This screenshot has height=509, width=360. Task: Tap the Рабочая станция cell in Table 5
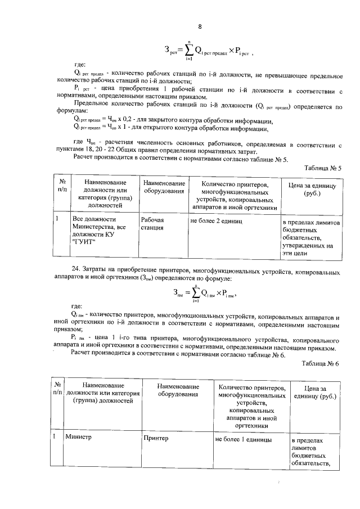click(152, 224)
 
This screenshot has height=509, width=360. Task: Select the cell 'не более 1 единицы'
click(243, 439)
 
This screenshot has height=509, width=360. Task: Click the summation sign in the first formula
click(190, 51)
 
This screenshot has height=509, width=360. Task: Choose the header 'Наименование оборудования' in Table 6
click(178, 391)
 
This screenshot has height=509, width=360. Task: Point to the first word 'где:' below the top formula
click(80, 65)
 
